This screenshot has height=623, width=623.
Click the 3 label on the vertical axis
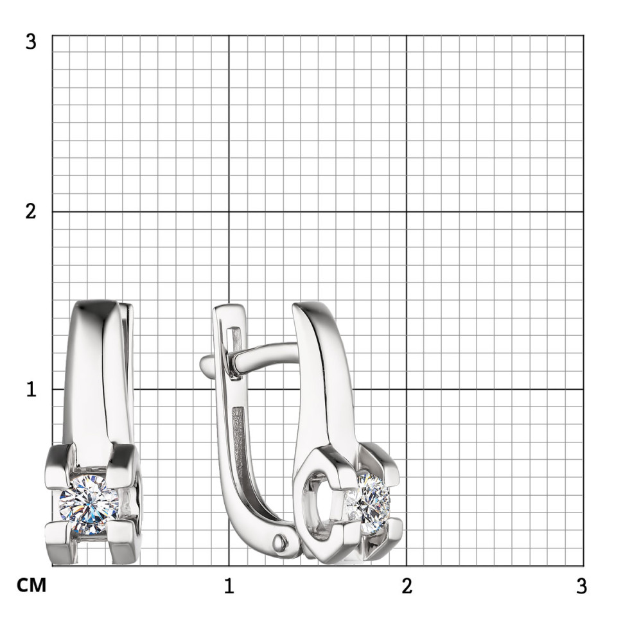pos(31,41)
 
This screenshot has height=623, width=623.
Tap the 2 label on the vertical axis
pos(31,211)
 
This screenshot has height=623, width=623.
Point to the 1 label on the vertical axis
pos(31,389)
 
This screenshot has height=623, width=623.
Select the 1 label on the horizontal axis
pos(229,586)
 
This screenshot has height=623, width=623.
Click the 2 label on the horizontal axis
pos(407,586)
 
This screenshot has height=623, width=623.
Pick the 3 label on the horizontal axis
pos(582,586)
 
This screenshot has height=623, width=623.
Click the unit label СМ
pos(31,586)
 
